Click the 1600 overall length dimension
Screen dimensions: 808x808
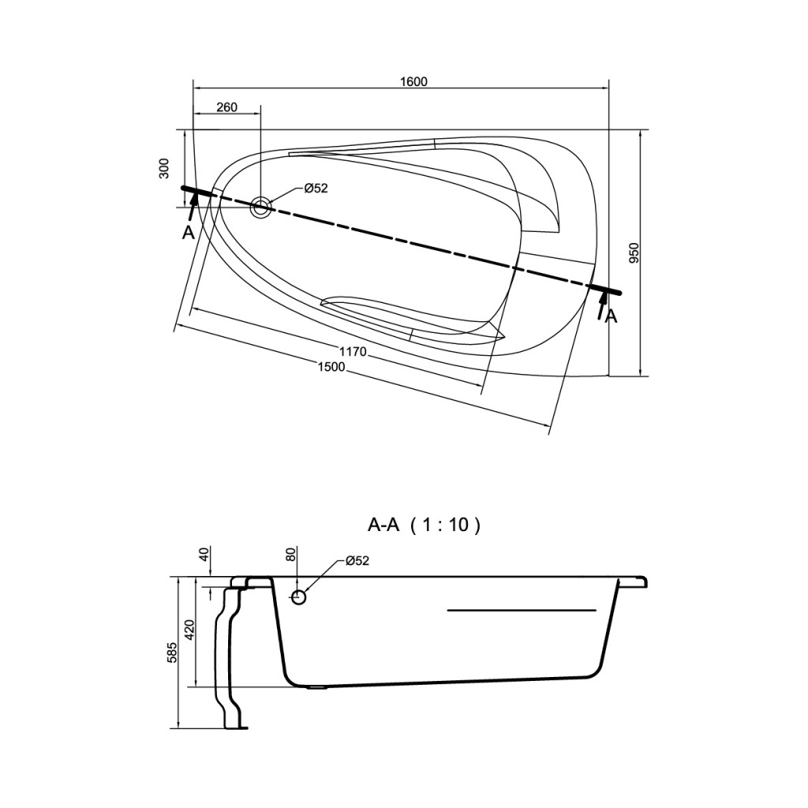(413, 81)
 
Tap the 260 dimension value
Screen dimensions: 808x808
(226, 107)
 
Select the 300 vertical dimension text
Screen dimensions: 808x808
(164, 168)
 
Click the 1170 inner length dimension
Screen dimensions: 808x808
(353, 352)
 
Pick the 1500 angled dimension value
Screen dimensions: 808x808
(331, 367)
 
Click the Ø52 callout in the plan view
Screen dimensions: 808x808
(316, 189)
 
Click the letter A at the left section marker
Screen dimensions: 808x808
(188, 234)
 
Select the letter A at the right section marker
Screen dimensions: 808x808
(612, 316)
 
